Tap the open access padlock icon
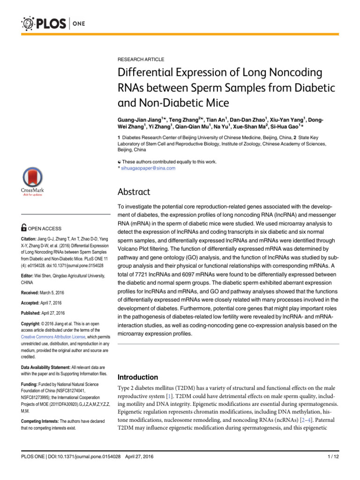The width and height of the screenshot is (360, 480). pos(24,228)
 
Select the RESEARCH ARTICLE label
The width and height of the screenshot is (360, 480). pos(141,60)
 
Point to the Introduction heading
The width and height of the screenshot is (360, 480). pos(137,377)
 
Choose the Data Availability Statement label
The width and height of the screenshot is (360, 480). pos(46,367)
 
